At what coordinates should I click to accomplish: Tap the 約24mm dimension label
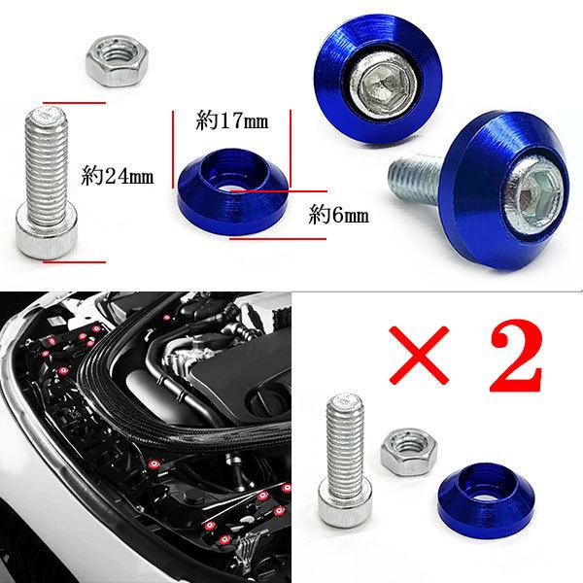[118, 177]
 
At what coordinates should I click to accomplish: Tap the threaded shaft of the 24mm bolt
[47, 160]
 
